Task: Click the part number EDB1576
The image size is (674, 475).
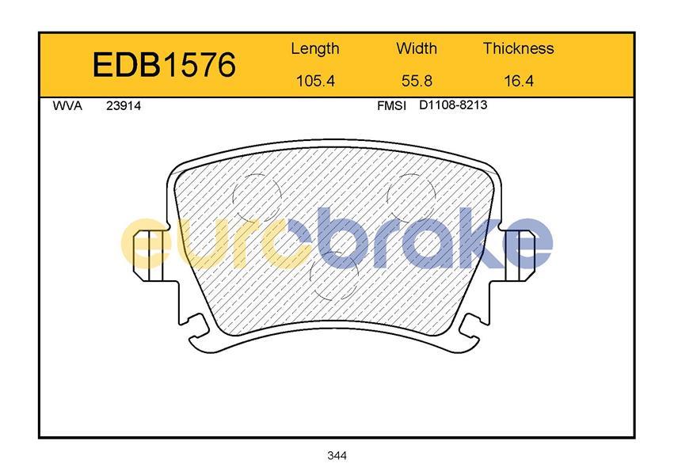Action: point(164,65)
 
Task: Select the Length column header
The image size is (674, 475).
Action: point(315,48)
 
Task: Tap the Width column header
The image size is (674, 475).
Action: point(417,48)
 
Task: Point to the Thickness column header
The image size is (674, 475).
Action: point(519,48)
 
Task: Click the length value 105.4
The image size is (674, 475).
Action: point(315,80)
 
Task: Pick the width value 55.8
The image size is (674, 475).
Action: point(417,80)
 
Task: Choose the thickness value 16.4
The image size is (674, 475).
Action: point(519,80)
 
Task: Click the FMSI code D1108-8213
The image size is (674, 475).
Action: point(452,105)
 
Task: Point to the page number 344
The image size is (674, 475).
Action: point(337,455)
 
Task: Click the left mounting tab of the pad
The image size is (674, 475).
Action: point(151,255)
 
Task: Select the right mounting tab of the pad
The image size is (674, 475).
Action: point(523,255)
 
